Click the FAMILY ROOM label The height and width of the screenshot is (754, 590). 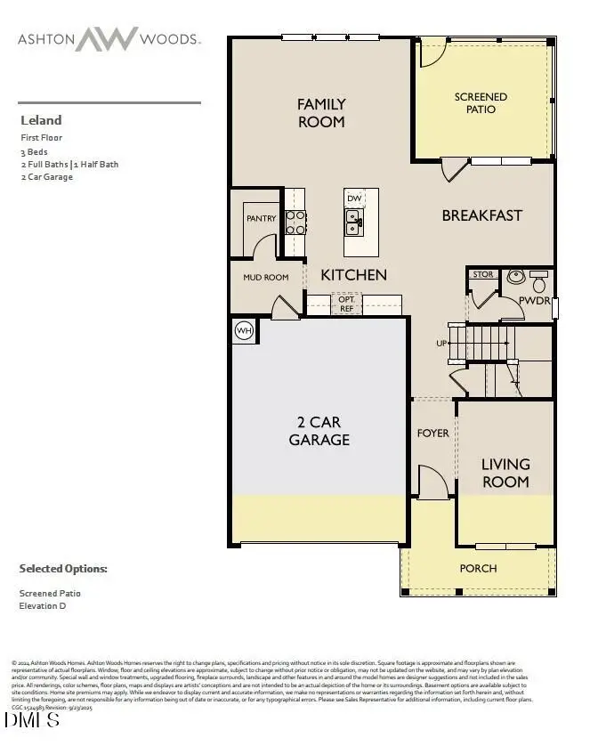click(321, 113)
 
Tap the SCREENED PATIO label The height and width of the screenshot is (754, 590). click(481, 102)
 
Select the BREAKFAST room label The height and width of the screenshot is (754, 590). click(481, 215)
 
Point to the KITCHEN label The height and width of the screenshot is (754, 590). click(353, 275)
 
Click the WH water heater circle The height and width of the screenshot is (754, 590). click(244, 331)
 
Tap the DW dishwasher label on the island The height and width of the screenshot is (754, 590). click(354, 199)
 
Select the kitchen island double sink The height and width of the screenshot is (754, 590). click(354, 222)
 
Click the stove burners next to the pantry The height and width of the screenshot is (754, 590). click(295, 222)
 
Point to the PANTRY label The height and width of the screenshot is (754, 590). click(261, 218)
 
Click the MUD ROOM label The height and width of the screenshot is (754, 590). click(266, 278)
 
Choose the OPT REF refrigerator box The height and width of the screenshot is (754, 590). click(347, 304)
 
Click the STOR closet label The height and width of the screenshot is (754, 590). click(482, 274)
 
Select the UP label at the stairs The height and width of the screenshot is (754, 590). click(441, 343)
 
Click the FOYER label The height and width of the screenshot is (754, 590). click(433, 434)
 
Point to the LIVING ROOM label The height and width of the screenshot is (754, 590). click(505, 473)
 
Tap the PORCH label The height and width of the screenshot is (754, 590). click(478, 568)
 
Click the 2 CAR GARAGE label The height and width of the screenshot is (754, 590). click(319, 431)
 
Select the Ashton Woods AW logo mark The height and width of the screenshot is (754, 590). click(106, 39)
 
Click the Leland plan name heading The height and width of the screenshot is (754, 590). click(41, 120)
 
